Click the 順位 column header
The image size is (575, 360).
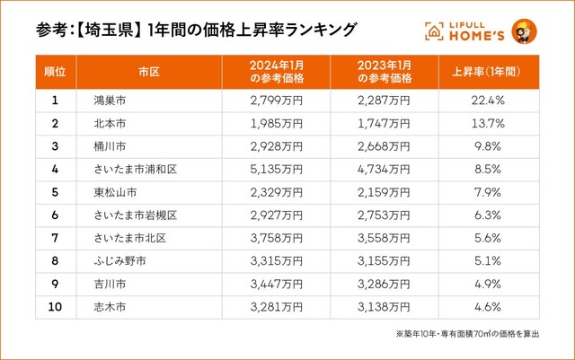(x=55, y=70)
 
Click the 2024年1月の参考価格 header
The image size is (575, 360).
(x=276, y=70)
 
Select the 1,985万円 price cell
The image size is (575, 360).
(x=276, y=122)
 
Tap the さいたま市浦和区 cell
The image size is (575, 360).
(x=136, y=167)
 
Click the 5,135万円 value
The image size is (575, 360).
(x=276, y=167)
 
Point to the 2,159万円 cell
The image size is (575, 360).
(x=384, y=189)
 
